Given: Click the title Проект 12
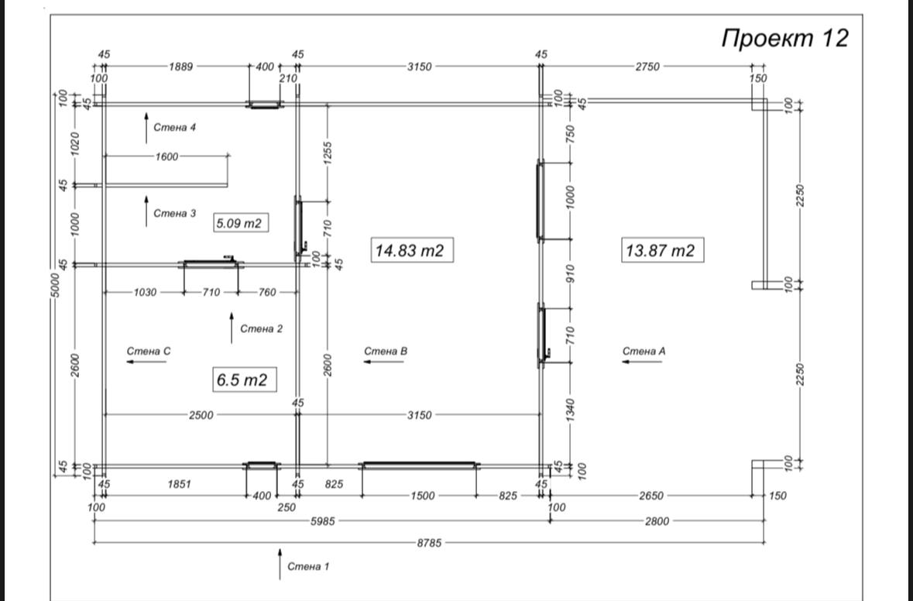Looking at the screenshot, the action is (785, 39).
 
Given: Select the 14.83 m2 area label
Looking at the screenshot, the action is (410, 250).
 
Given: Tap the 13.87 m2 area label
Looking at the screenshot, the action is (661, 250).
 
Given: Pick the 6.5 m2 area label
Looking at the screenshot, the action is (242, 379).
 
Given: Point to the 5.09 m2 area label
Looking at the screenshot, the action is (239, 222).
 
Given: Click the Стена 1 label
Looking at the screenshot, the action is (309, 566).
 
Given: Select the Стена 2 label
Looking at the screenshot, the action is (262, 329).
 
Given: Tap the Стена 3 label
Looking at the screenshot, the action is (175, 214).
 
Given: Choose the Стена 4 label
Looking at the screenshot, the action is (175, 128).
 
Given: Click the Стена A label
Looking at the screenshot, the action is (644, 351).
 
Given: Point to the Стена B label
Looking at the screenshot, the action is (386, 351).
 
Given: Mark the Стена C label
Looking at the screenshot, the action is (149, 351).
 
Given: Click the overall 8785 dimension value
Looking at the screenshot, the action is (429, 543).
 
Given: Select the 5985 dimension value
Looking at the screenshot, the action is (322, 521).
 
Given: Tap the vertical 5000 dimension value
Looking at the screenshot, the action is (55, 285).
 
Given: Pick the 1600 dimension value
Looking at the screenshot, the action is (167, 156).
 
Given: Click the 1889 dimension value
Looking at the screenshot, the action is (181, 67).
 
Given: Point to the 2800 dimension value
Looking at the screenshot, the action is (657, 521).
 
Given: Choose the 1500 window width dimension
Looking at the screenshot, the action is (423, 496).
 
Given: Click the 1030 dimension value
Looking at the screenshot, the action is (145, 292).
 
